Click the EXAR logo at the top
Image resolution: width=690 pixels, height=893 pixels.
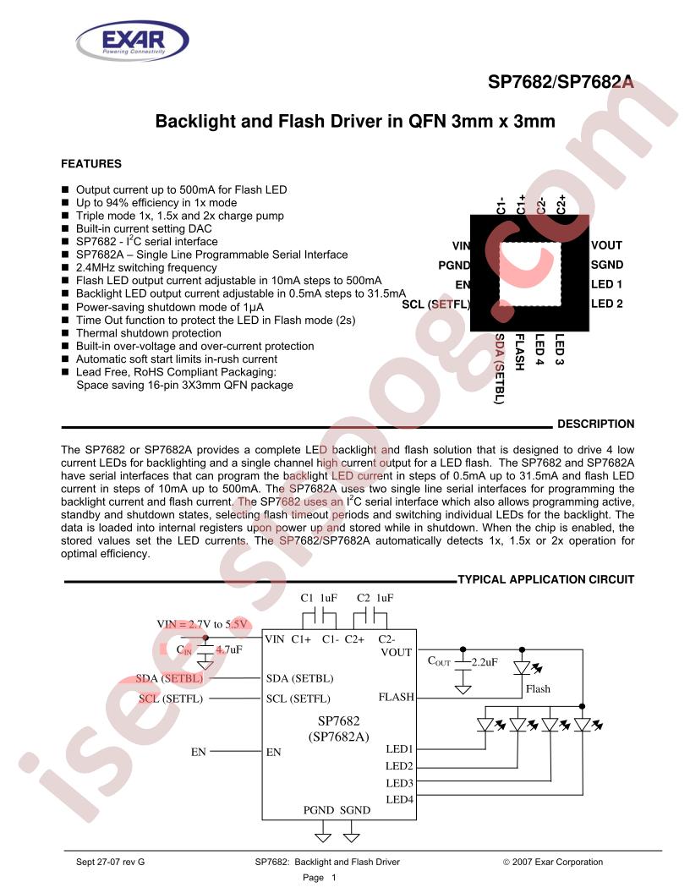point(132,41)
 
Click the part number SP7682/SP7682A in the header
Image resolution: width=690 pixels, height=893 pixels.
point(561,83)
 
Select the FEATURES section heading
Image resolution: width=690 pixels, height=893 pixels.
point(91,164)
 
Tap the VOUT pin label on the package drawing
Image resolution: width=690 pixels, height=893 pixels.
point(606,245)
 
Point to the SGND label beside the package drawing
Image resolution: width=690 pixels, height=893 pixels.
point(607,265)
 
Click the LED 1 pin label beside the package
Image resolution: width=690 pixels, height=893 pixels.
point(606,284)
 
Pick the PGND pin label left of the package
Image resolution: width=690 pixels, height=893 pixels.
point(454,266)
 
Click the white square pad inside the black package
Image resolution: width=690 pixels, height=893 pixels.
point(530,275)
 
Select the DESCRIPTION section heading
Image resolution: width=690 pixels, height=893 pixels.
point(595,425)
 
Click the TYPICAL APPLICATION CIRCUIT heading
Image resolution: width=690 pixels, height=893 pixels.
point(546,580)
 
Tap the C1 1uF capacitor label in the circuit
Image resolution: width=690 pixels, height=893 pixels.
point(319,598)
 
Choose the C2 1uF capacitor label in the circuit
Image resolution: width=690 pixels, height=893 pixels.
point(375,598)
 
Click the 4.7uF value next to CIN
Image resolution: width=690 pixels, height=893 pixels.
point(229,649)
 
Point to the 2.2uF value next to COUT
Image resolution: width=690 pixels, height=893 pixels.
point(485,662)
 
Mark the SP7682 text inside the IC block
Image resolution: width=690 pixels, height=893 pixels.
point(339,720)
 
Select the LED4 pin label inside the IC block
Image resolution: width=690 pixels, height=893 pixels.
point(400,800)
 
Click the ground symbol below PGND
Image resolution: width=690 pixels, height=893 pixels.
point(323,836)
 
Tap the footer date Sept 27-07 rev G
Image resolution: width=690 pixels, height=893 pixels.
point(111,863)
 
